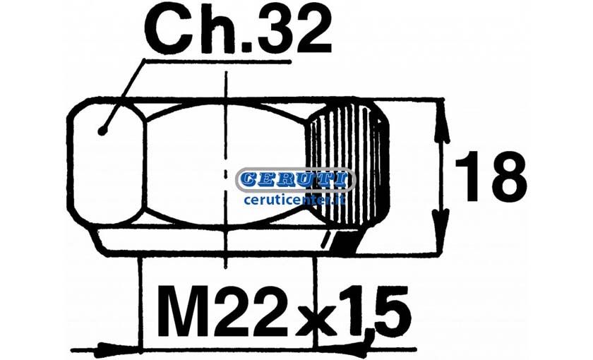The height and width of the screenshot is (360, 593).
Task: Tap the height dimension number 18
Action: pyautogui.click(x=491, y=176)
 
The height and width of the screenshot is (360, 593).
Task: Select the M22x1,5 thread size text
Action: pyautogui.click(x=284, y=312)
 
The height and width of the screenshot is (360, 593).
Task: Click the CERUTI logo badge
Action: pyautogui.click(x=295, y=180)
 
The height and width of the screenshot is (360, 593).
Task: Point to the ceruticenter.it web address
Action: pyautogui.click(x=295, y=199)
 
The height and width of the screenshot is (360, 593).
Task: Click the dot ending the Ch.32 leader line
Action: pyautogui.click(x=102, y=131)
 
